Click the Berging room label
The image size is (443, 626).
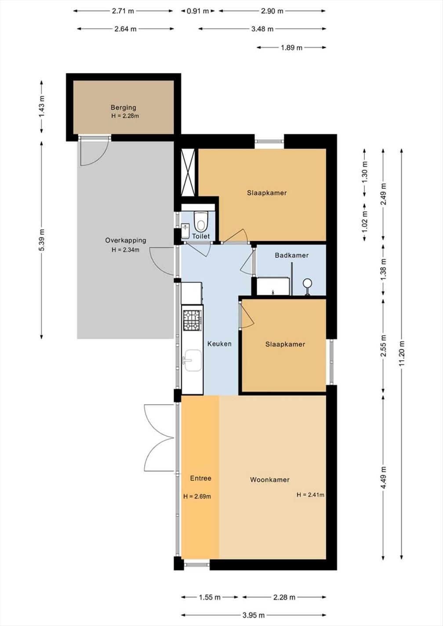123,107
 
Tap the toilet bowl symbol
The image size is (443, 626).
201,221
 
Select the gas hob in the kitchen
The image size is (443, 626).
192,320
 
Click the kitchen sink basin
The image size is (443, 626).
192,361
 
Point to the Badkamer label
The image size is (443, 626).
291,255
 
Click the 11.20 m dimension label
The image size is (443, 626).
402,353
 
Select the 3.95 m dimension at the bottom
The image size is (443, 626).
254,615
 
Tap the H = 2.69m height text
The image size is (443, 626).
197,496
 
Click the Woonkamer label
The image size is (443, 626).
270,480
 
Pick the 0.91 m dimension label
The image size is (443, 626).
198,11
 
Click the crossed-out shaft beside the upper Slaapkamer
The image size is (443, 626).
188,173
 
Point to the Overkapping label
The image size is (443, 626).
126,240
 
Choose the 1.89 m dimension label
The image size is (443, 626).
291,47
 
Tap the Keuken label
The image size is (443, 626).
219,344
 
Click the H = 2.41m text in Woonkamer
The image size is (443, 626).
311,495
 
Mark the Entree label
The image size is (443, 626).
201,478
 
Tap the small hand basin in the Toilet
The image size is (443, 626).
185,231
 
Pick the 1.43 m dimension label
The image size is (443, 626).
42,107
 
